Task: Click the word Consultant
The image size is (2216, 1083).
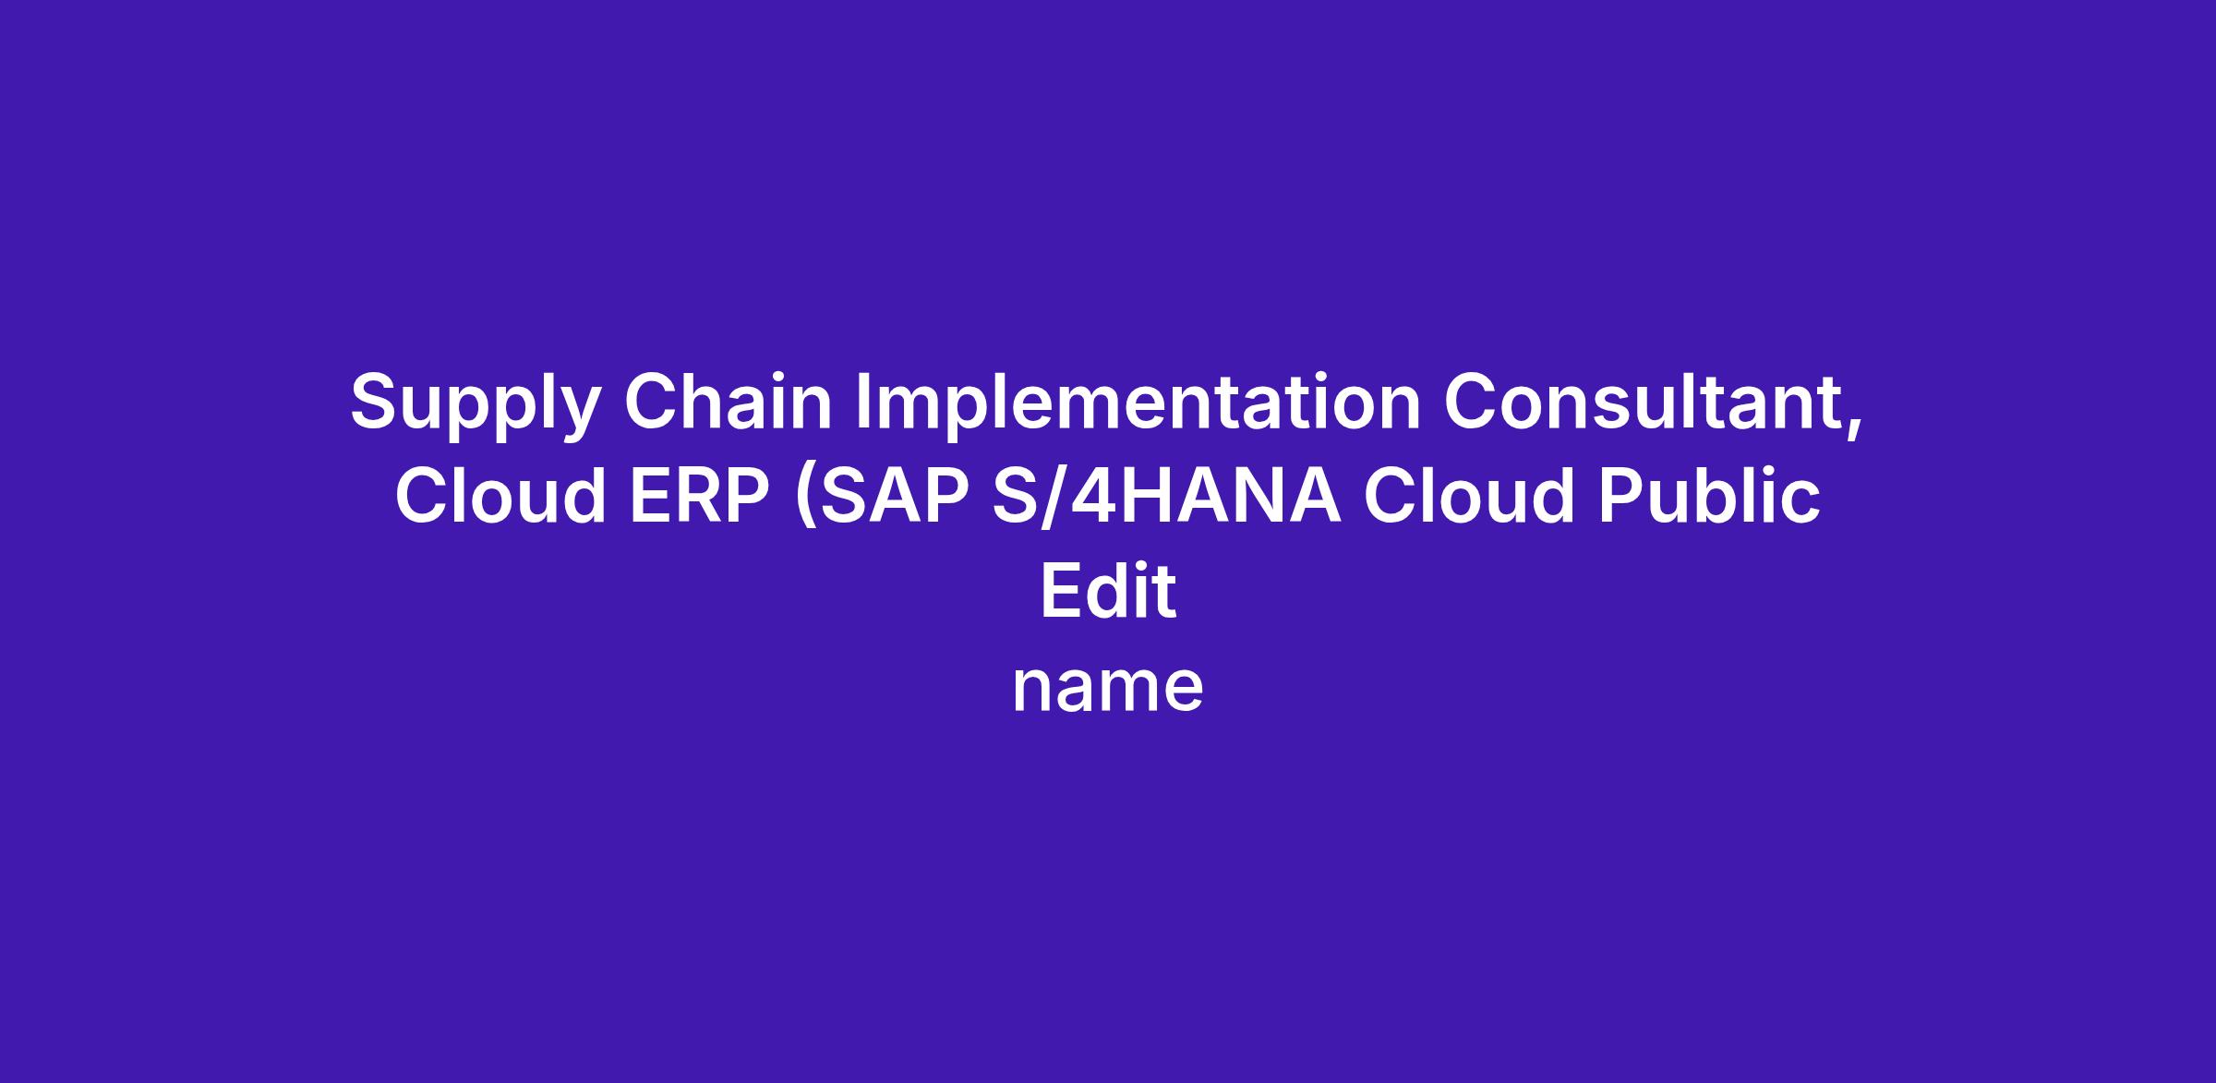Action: [1644, 401]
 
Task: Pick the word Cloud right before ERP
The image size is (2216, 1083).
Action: [500, 495]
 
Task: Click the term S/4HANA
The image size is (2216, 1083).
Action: [1166, 495]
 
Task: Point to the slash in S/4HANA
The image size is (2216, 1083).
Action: [1054, 496]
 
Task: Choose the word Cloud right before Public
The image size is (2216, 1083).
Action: [1469, 495]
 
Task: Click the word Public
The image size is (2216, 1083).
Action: [1709, 495]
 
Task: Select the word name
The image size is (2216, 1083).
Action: [1108, 689]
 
